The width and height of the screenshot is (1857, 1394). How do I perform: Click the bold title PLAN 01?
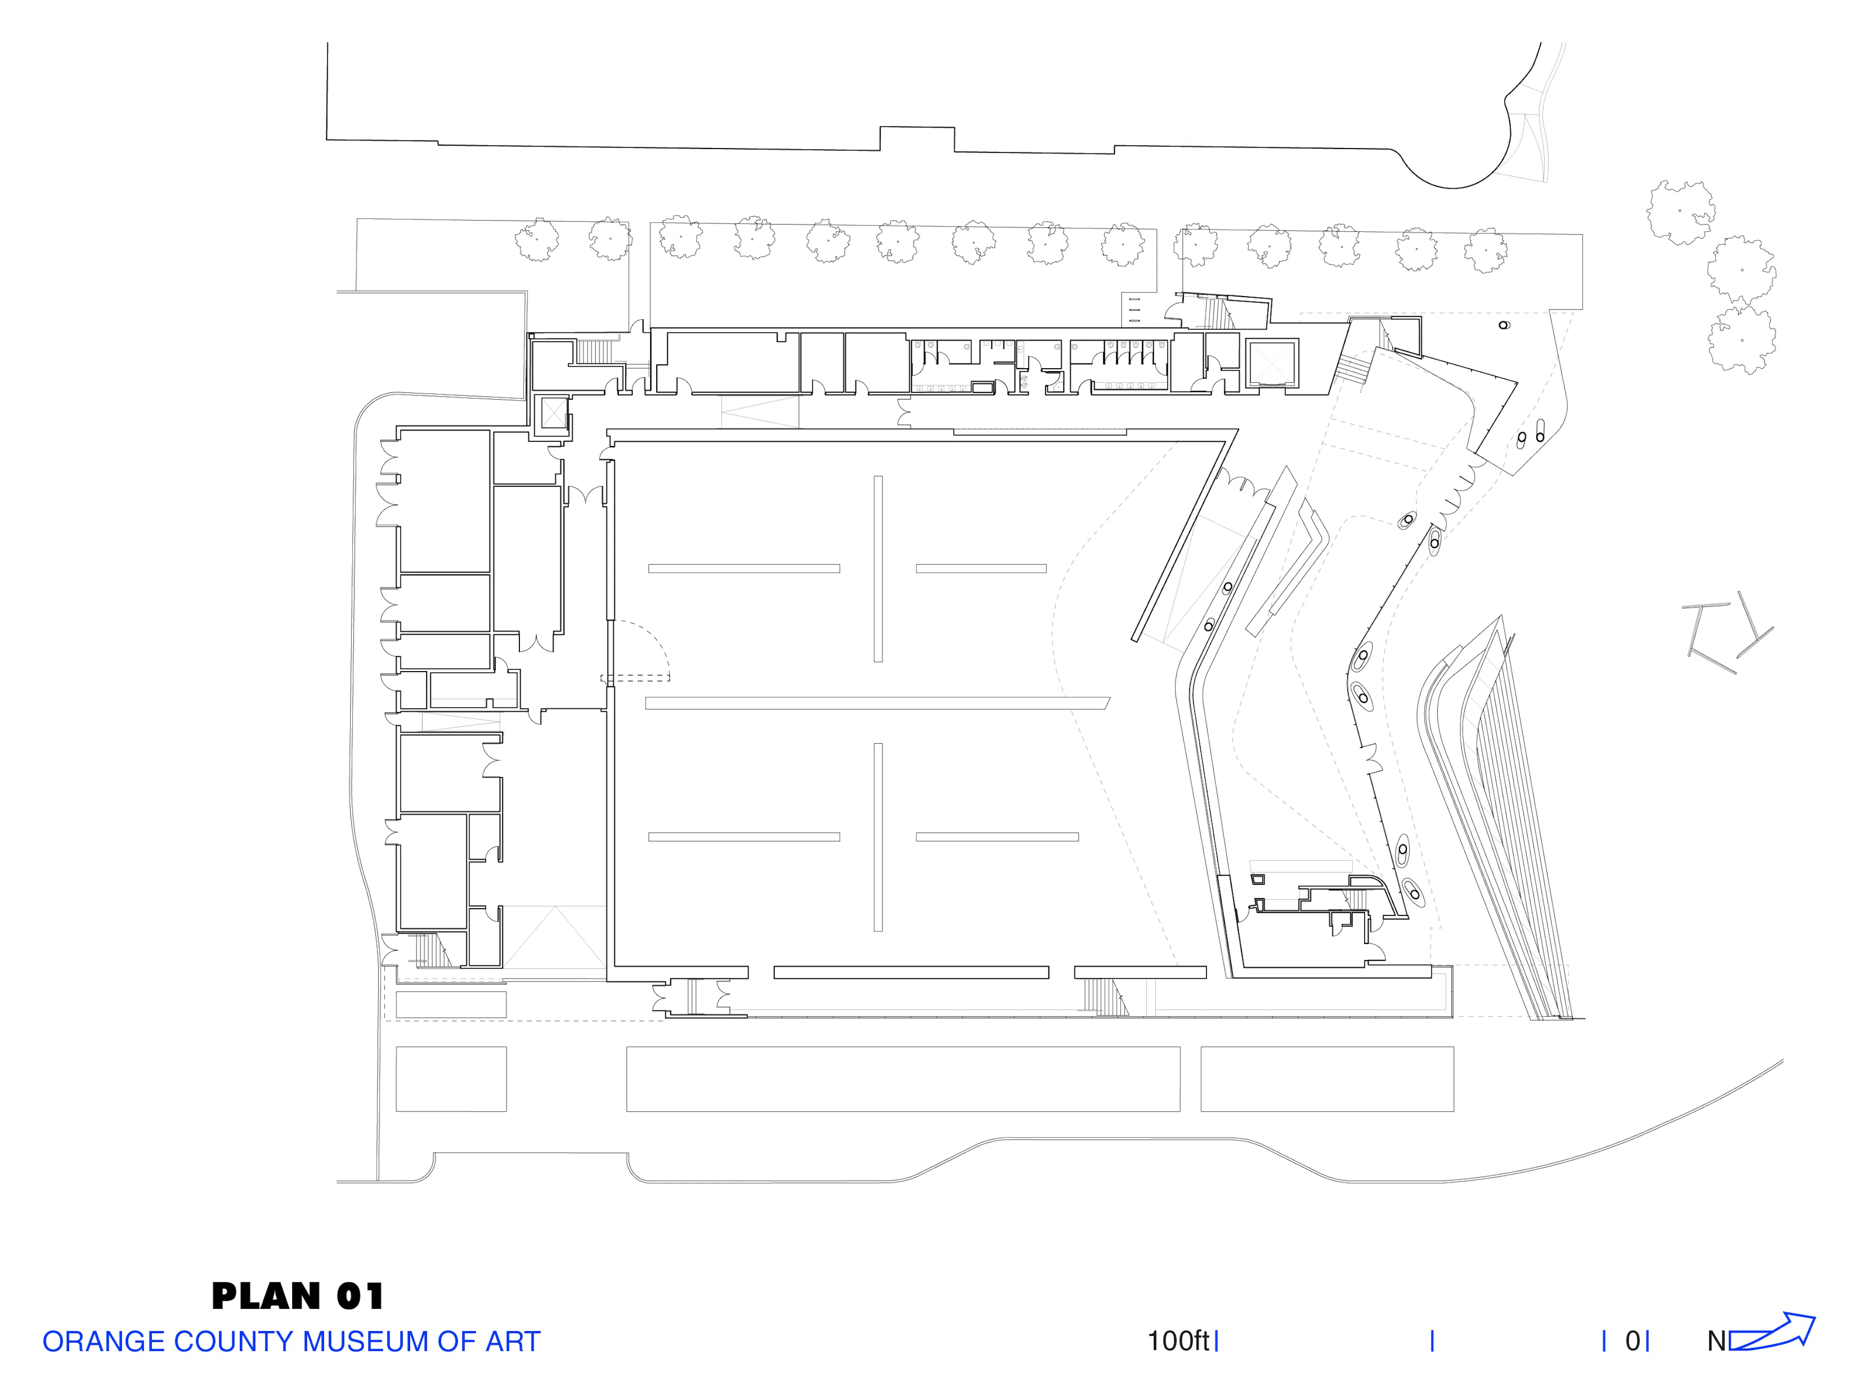pos(297,1296)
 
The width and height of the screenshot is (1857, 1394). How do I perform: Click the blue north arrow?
pos(1771,1333)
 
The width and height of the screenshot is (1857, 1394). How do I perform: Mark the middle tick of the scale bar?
pos(1432,1341)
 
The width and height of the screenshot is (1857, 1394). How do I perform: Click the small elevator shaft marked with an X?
pos(554,414)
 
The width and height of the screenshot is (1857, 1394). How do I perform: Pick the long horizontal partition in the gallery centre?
pos(877,703)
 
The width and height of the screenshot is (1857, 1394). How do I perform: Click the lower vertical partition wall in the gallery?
pos(878,837)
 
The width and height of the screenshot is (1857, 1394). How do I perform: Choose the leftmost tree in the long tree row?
pos(536,240)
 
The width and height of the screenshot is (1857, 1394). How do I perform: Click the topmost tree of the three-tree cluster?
pos(1680,212)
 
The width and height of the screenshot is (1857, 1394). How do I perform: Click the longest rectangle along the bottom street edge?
pos(903,1079)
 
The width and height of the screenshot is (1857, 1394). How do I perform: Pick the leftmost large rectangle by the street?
pos(451,1079)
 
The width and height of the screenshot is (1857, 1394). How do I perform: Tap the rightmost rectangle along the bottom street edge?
pos(1327,1079)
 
